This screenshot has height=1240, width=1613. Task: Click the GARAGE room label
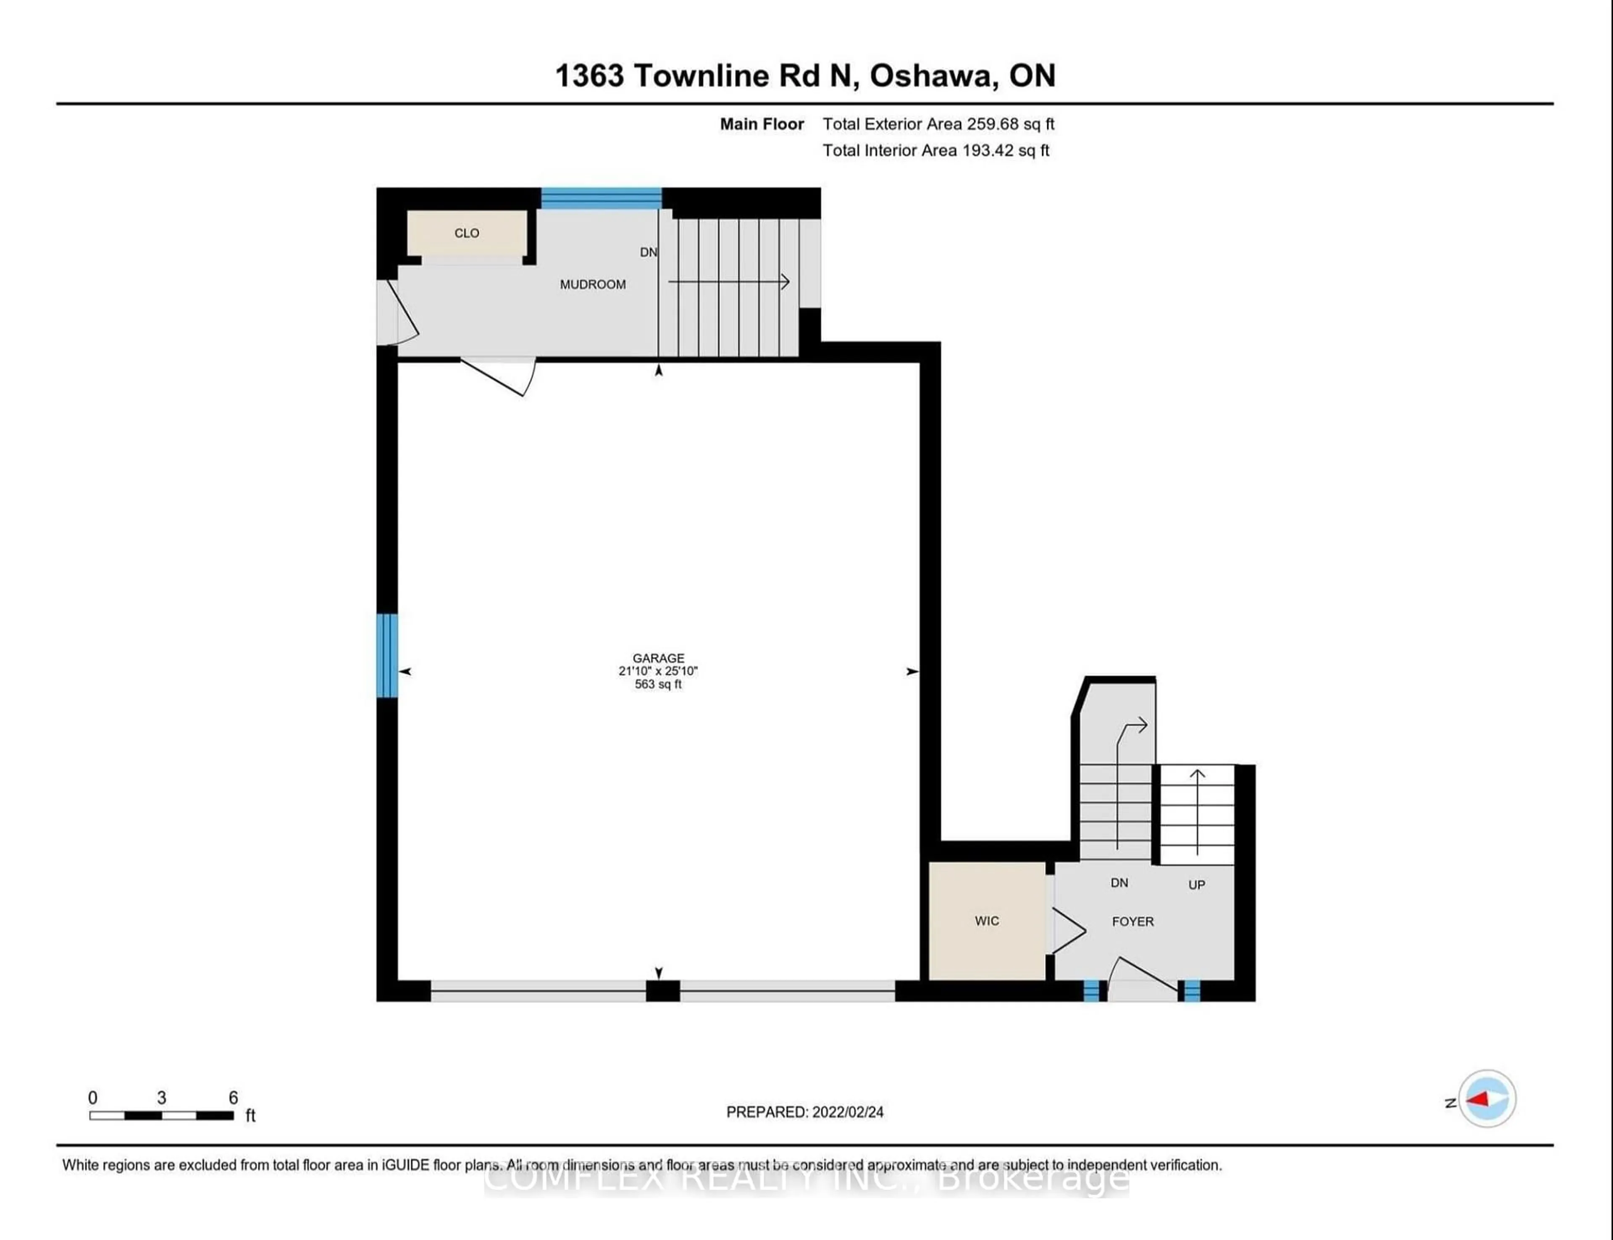658,658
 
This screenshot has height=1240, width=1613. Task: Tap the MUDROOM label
593,284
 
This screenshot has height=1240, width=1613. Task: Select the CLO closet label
466,233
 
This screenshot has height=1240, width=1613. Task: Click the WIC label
987,921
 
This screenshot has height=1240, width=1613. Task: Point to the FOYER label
1132,921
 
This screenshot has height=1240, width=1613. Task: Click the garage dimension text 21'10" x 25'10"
658,671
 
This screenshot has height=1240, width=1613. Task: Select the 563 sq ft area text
658,684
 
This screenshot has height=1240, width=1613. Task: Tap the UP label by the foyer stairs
1196,884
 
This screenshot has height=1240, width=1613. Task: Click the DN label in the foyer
1119,883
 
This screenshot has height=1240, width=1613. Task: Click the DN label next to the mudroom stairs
648,252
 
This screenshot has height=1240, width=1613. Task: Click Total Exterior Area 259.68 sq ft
938,124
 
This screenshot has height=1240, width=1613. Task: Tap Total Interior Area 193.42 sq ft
935,150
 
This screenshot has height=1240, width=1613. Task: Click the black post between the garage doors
662,990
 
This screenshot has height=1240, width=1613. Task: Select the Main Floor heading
762,124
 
